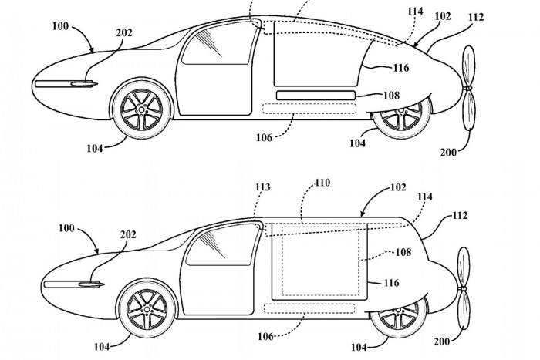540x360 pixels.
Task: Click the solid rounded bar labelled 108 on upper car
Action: [x=316, y=95]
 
